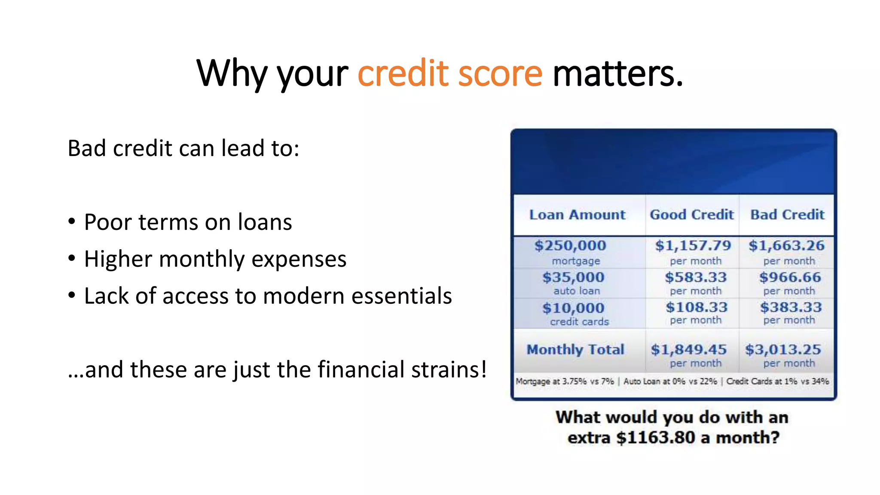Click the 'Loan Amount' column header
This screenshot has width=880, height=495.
click(x=577, y=214)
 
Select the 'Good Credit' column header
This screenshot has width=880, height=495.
click(x=691, y=214)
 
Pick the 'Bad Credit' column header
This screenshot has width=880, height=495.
click(x=787, y=214)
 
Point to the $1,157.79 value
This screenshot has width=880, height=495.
click(x=693, y=246)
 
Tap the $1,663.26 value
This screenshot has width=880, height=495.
click(x=786, y=246)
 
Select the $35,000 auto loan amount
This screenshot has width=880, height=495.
click(x=573, y=278)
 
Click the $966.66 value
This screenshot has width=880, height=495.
click(x=790, y=278)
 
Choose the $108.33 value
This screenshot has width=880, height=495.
click(x=697, y=308)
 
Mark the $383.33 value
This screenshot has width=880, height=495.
click(x=791, y=308)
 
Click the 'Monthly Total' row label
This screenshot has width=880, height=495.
click(x=575, y=350)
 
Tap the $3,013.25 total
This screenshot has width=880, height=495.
click(x=783, y=350)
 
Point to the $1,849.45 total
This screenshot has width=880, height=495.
click(x=688, y=350)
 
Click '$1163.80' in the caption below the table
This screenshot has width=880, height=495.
click(x=655, y=438)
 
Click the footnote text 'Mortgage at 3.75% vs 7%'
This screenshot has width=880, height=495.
click(x=564, y=382)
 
